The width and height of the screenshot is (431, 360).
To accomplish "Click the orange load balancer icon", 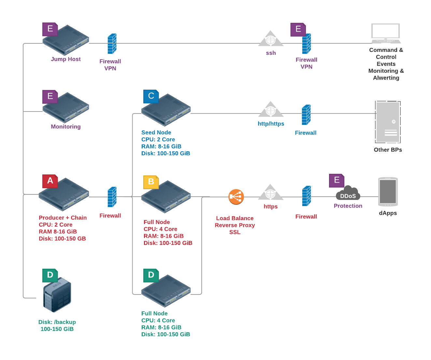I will (236, 197).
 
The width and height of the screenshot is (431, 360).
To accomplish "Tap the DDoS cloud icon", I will (348, 194).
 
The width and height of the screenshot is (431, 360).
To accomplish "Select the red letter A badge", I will (50, 181).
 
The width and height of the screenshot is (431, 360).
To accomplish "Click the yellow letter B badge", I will (151, 182).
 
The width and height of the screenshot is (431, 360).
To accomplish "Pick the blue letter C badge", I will (151, 96).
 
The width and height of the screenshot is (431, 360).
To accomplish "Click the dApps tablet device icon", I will (388, 192).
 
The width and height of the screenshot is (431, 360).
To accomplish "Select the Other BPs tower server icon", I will (388, 122).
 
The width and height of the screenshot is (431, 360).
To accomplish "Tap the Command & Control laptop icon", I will (386, 34).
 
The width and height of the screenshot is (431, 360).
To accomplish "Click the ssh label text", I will (271, 53).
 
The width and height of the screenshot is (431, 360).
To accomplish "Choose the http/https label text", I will (271, 124).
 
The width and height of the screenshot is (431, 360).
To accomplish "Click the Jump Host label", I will (66, 59).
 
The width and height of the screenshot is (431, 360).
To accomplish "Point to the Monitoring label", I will (66, 127).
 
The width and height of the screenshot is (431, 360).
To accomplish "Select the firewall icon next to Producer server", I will (112, 197).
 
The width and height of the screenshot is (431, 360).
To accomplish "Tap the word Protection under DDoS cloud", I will (348, 206).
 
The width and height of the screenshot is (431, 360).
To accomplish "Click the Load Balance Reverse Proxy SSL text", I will (235, 225).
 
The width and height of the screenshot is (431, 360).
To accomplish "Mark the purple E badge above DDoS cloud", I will (337, 180).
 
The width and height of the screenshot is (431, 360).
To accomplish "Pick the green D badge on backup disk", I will (50, 275).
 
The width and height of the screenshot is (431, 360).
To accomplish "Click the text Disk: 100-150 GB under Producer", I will (62, 239).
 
